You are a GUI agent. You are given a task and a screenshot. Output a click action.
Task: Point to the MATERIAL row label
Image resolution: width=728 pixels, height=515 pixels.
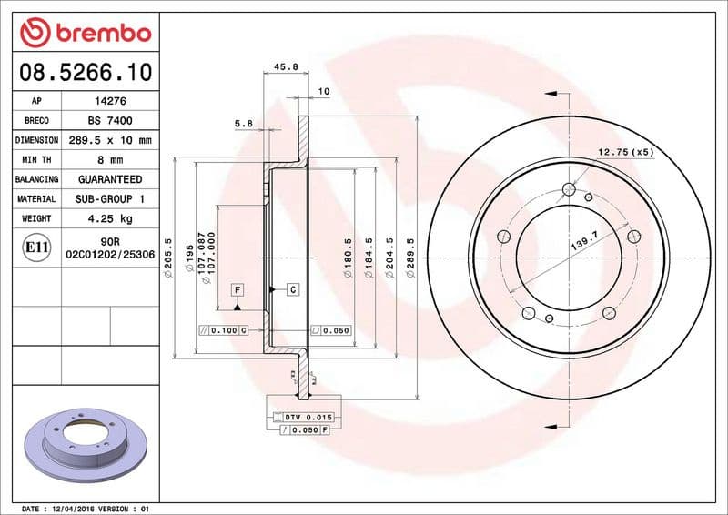(37, 199)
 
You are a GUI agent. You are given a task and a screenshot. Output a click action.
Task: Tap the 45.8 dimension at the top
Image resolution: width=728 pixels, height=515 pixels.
(286, 66)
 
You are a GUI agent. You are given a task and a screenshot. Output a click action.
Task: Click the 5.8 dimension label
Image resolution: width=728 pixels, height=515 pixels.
(243, 123)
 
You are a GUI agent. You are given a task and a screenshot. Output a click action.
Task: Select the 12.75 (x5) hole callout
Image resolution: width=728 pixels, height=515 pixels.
(625, 152)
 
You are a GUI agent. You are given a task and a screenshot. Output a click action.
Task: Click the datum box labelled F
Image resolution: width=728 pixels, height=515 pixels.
(237, 289)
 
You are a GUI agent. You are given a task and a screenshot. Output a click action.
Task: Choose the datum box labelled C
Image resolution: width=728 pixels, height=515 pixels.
(293, 289)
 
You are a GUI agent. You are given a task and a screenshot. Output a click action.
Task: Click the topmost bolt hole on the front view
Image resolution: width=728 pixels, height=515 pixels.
(570, 189)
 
